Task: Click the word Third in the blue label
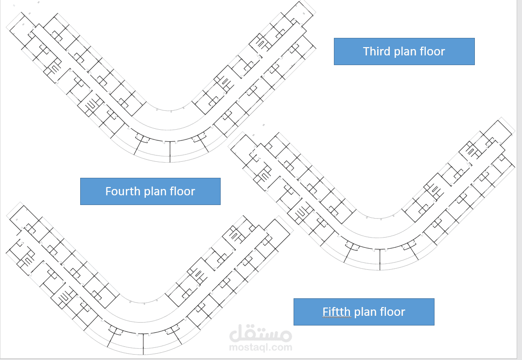pos(377,51)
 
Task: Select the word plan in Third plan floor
pos(407,51)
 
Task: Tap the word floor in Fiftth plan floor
pos(393,312)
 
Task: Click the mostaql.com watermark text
pos(261,347)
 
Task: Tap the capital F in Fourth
pos(108,191)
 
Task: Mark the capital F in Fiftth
pos(325,312)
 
